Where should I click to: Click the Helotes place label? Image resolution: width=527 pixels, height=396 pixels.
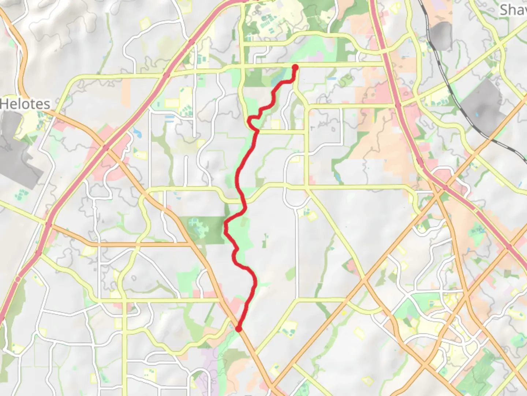point(25,104)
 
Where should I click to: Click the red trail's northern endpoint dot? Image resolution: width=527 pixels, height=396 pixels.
point(295,67)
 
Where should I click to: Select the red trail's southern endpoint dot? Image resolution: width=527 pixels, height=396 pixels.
point(239,329)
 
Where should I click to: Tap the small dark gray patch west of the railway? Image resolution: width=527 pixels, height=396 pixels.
point(441,35)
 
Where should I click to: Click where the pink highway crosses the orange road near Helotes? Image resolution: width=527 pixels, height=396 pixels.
point(105,148)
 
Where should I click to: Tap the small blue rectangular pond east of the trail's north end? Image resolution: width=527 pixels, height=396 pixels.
point(332,78)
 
